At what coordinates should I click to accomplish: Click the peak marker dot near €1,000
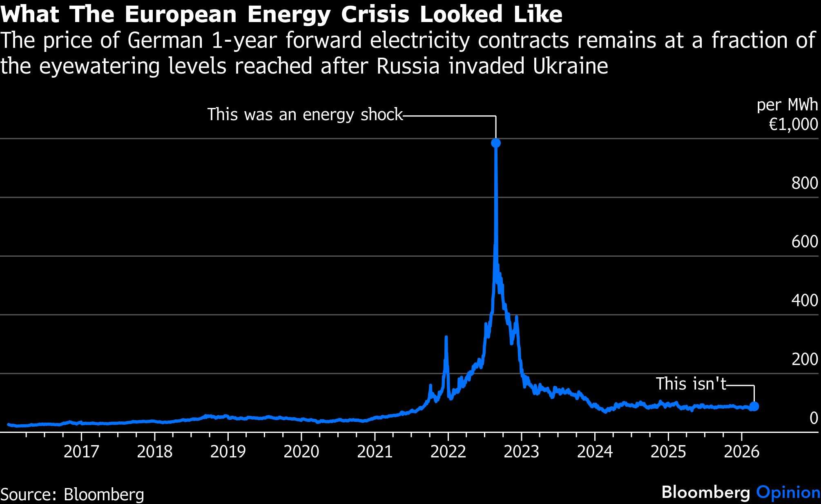click(496, 143)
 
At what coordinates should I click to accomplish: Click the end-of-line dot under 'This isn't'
click(754, 406)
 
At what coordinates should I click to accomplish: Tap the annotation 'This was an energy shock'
click(305, 114)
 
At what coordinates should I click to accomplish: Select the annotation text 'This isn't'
click(691, 384)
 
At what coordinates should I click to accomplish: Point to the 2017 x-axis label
click(81, 452)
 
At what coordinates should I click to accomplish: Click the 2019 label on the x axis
click(228, 452)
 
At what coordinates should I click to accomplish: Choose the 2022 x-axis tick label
click(448, 452)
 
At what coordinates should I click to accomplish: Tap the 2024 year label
click(595, 452)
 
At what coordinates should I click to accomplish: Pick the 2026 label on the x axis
click(741, 452)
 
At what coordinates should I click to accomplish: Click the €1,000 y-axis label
click(793, 125)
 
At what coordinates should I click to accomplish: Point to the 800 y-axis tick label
click(805, 183)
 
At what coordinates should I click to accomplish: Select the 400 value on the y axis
click(805, 300)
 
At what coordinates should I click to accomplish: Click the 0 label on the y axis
click(813, 418)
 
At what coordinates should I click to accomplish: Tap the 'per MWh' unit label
click(787, 105)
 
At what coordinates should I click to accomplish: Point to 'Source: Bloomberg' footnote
click(72, 495)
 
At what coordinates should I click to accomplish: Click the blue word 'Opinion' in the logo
click(788, 492)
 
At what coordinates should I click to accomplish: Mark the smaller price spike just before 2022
click(446, 338)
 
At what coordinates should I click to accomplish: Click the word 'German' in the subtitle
click(165, 40)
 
